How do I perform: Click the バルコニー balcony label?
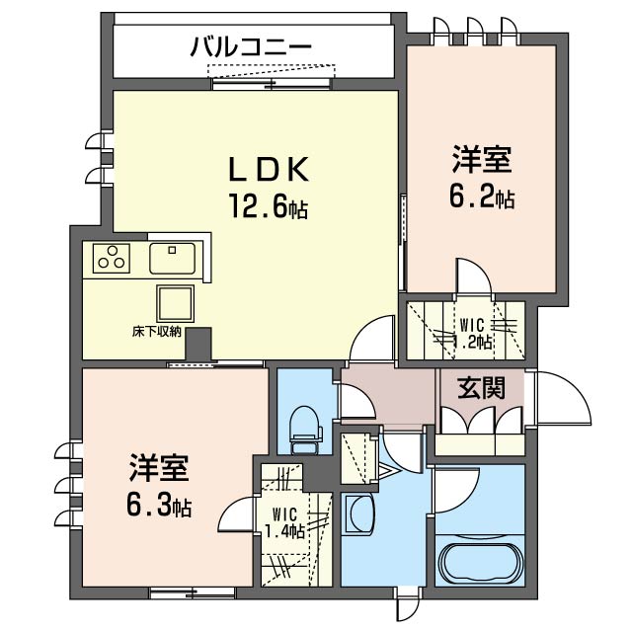point(251,46)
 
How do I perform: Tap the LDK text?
point(269,169)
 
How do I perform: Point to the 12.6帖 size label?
point(269,206)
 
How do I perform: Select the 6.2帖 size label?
point(482,197)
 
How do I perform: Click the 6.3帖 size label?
point(159,506)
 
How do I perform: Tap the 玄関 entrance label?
point(481,388)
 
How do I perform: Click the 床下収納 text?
point(157,332)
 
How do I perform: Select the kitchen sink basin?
point(173,259)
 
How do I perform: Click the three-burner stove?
point(112,258)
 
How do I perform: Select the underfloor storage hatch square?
point(176,303)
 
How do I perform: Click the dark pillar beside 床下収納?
point(198,344)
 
